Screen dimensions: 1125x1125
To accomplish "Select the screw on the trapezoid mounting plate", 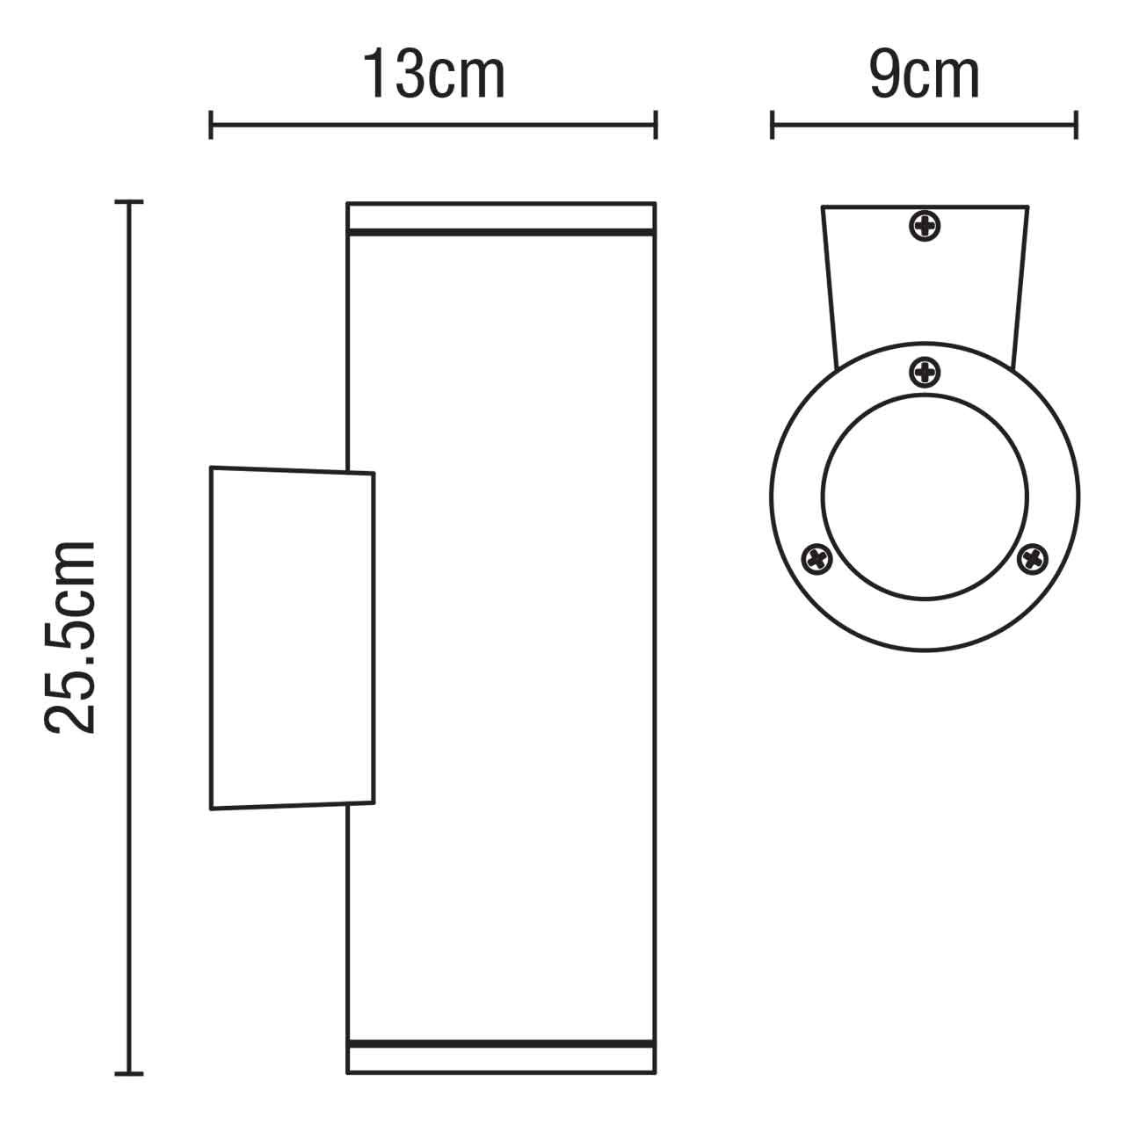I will [925, 227].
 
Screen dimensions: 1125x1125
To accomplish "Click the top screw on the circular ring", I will [925, 373].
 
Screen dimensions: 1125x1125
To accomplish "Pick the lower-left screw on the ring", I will [817, 558].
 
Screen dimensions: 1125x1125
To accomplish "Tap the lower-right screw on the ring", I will [1032, 558].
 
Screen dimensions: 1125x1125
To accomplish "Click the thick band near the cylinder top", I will [501, 233].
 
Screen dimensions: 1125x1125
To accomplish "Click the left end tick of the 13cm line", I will [211, 125].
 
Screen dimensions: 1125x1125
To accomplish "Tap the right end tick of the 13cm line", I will [656, 125].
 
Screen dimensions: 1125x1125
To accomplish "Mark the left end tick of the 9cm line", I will [772, 125].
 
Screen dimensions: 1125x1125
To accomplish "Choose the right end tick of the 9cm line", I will [1077, 125].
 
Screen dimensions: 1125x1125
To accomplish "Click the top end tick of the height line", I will [130, 203].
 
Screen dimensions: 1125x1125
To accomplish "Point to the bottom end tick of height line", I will [130, 1073].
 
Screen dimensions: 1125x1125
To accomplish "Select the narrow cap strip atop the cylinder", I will [501, 216].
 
